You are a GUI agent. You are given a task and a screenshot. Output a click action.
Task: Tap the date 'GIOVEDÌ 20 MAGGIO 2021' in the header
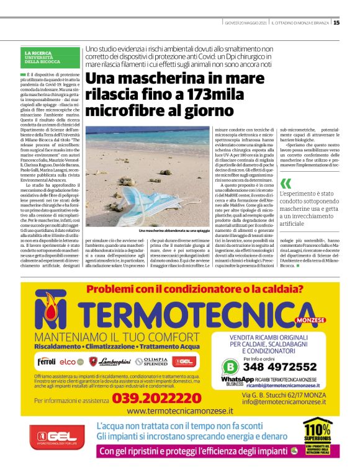tap(246, 23)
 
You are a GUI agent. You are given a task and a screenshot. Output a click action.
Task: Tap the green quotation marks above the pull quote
tap(286, 183)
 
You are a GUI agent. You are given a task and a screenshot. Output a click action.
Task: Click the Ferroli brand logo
tap(47, 361)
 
